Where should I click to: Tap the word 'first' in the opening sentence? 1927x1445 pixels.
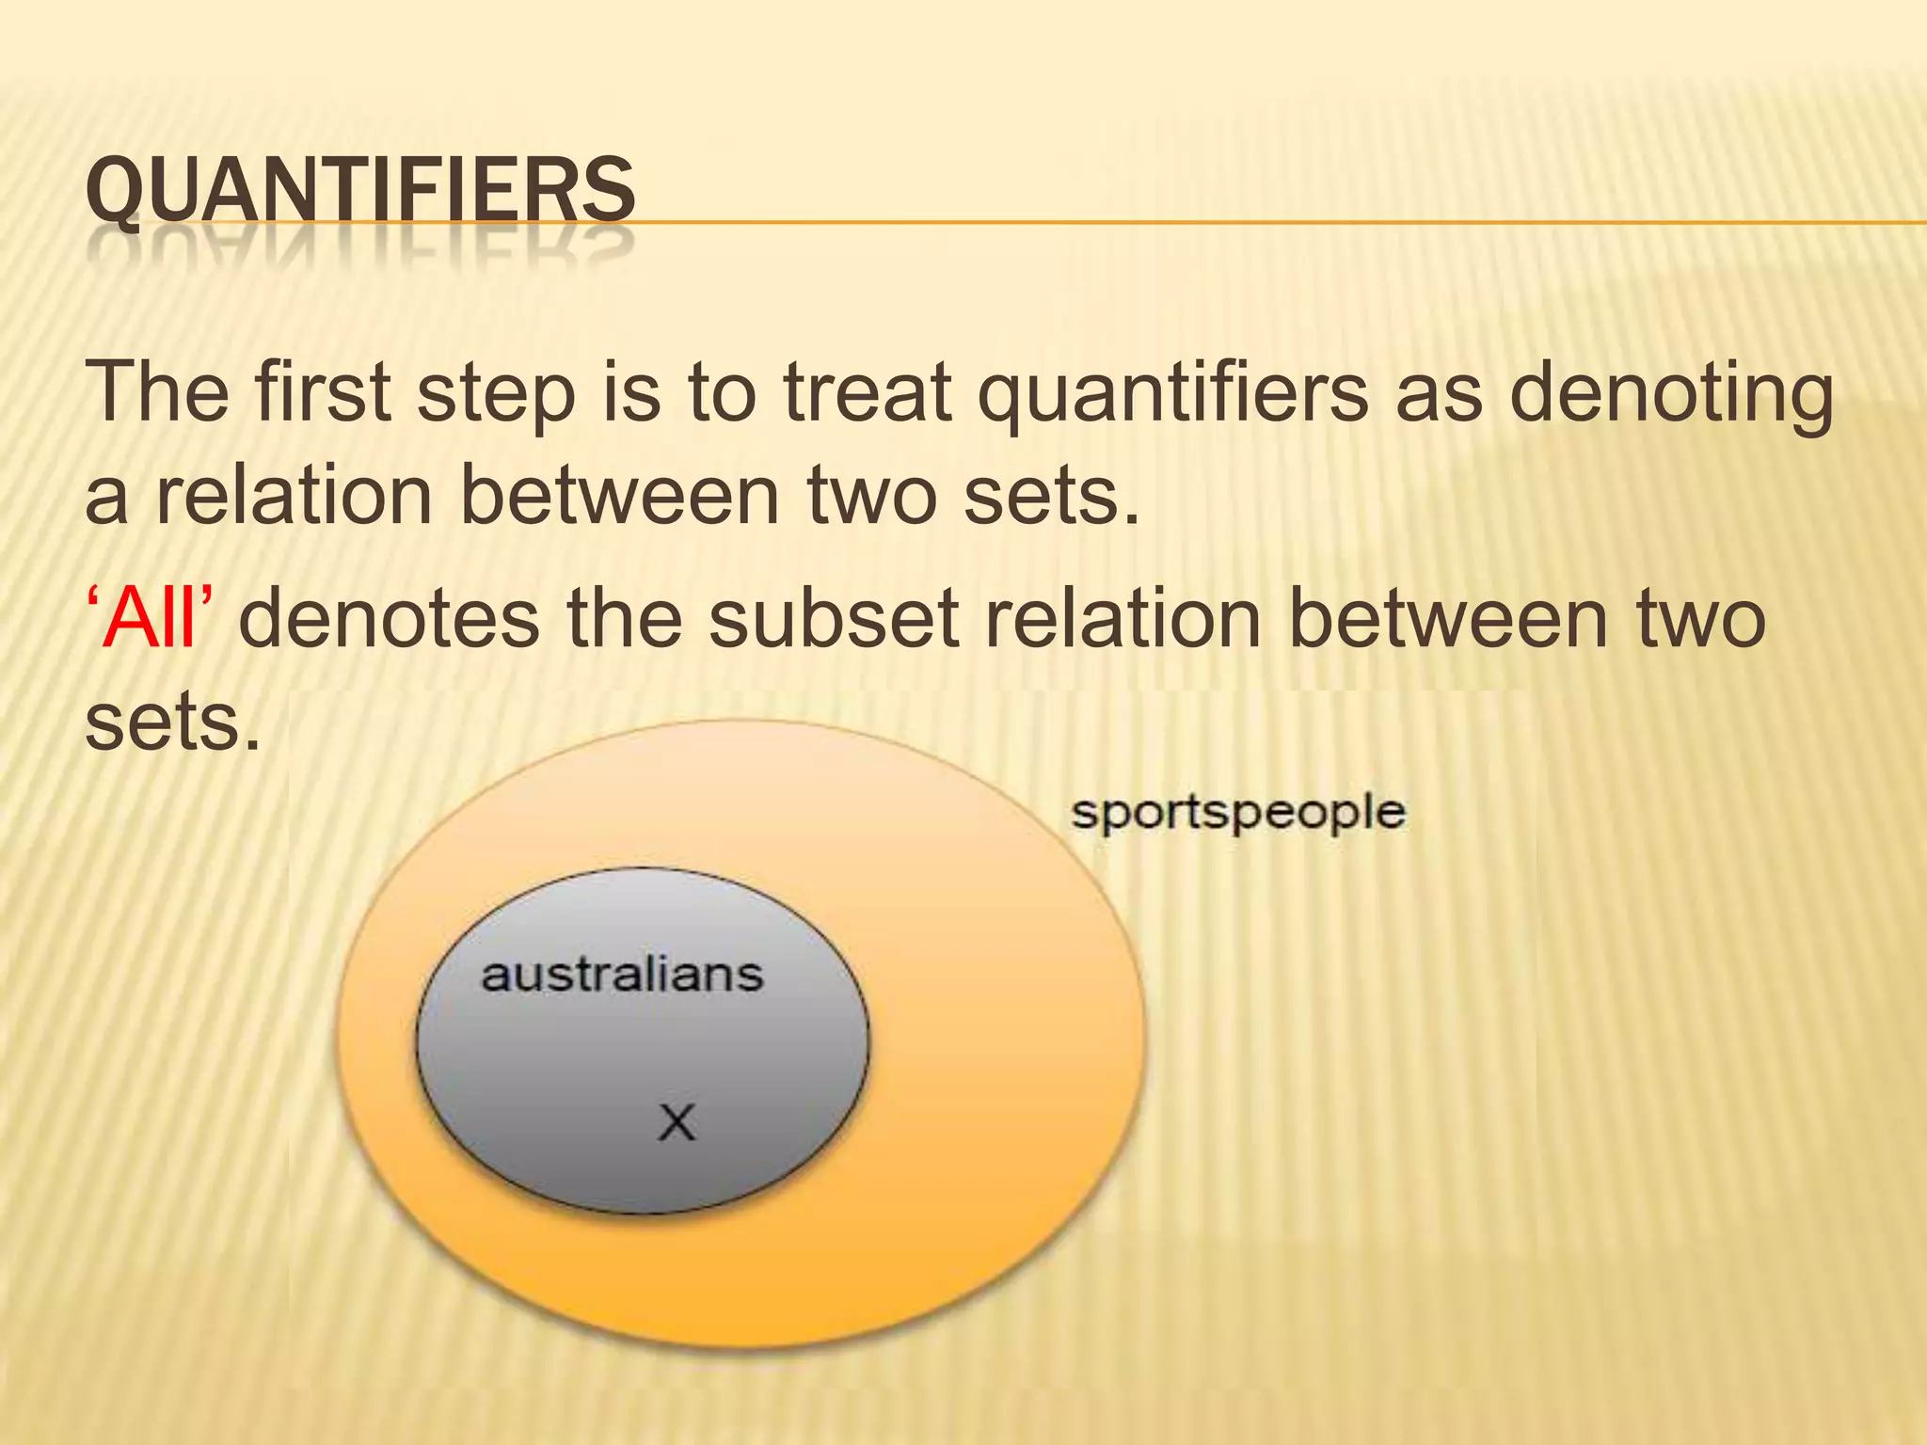pos(322,392)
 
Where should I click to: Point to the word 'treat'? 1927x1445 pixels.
pos(868,392)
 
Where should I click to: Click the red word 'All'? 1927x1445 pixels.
pos(151,619)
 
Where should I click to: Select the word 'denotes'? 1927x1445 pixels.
pos(389,619)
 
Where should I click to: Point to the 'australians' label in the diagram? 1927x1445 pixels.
pos(622,975)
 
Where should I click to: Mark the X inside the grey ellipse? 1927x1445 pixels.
pos(677,1122)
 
